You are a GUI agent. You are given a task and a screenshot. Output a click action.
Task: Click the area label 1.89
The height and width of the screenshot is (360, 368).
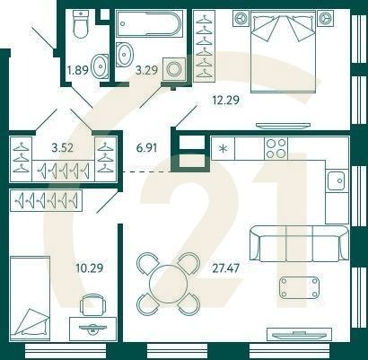(78, 71)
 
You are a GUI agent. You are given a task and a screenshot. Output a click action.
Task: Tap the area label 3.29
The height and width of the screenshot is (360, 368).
(146, 71)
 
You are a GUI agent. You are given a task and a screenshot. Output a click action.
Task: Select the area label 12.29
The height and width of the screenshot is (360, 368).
(225, 100)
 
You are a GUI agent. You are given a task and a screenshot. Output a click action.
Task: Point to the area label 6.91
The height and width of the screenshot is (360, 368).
(146, 148)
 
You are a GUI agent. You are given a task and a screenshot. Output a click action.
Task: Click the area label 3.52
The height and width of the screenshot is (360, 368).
(63, 147)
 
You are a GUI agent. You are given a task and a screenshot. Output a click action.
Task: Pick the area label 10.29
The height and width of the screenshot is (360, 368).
(89, 268)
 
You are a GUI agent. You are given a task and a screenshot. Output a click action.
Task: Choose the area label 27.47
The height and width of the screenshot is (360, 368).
(225, 268)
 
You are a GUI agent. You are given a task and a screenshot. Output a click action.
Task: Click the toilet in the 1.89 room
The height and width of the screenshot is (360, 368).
(81, 24)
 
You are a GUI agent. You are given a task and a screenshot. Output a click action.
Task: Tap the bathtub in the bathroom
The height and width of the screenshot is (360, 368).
(149, 23)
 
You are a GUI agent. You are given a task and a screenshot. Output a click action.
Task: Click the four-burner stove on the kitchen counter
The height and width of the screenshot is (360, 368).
(276, 148)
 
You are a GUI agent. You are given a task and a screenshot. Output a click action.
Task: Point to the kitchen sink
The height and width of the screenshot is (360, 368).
(337, 180)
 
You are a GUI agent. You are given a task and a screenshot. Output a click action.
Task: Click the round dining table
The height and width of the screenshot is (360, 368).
(168, 284)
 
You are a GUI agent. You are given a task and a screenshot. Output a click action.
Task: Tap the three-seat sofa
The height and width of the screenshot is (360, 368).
(299, 243)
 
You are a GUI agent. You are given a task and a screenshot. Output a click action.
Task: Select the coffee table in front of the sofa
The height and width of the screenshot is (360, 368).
(299, 287)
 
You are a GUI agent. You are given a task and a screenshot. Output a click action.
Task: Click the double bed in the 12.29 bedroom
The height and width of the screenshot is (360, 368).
(283, 51)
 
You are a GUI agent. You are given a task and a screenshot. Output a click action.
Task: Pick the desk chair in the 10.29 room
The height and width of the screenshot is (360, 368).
(93, 304)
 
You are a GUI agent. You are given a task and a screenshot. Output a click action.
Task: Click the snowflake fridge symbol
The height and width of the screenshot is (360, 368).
(223, 148)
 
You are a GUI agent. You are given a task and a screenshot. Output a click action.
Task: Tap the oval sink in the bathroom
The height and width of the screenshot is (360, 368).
(124, 55)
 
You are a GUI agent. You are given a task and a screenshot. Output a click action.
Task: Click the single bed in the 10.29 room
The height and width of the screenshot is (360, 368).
(30, 298)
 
